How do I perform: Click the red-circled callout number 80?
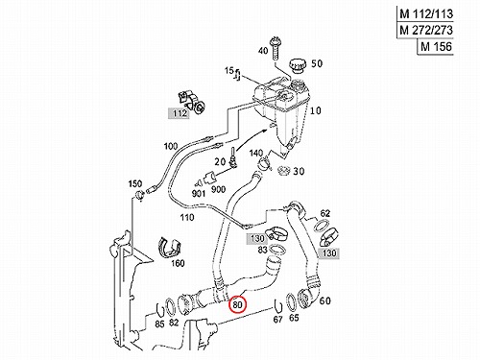237,305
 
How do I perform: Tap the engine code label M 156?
436,47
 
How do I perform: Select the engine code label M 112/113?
426,14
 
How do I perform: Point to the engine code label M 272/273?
426,30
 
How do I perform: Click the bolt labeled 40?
275,49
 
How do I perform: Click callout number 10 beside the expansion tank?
316,110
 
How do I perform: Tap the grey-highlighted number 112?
180,113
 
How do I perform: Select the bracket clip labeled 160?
170,247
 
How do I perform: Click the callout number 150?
135,184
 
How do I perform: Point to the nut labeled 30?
283,171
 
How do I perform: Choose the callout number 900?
218,190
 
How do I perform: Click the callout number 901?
199,193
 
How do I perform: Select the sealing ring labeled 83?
276,249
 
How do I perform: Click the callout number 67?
277,319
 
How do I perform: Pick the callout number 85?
159,324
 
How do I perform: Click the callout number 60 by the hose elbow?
325,300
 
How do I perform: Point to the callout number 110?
187,218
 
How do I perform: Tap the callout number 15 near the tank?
229,70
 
